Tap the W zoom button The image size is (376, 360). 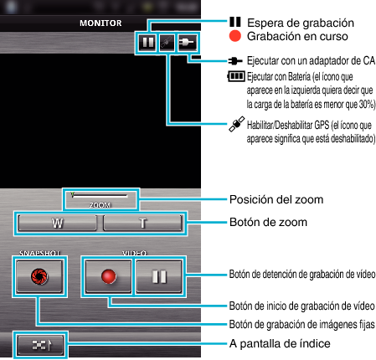point(57,223)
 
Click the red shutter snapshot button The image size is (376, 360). point(39,276)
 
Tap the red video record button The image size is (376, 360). point(108,276)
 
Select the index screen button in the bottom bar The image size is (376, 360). point(40,345)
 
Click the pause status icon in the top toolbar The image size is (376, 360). point(147,43)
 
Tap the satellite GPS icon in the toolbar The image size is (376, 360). point(167,43)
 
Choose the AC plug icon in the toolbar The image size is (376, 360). point(187,43)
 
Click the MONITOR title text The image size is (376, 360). point(100,23)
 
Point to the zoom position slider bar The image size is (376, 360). point(100,195)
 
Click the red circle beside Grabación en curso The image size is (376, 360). point(235,36)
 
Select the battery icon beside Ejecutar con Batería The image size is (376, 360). point(236,76)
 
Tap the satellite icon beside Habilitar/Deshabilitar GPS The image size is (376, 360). point(237,124)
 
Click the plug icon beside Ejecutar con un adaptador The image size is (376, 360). point(235,61)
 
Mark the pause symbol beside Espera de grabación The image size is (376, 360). point(235,22)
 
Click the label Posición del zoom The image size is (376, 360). point(276,199)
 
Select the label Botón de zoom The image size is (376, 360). point(268,222)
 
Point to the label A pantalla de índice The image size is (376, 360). point(280,343)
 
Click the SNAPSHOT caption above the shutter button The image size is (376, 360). point(39,253)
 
